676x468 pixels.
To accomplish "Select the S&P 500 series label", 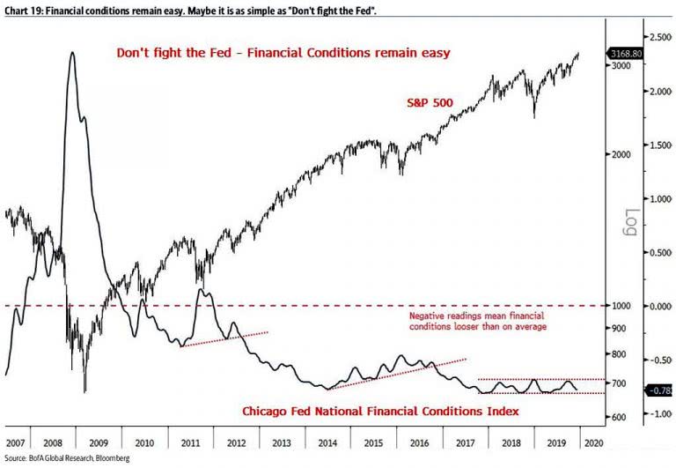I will pos(430,102).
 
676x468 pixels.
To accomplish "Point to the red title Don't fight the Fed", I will pos(284,53).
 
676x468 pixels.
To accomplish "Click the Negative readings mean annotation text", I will pos(478,321).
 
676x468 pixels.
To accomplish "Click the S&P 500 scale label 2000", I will pos(621,154).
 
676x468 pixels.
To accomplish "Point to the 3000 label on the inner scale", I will pos(621,66).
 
